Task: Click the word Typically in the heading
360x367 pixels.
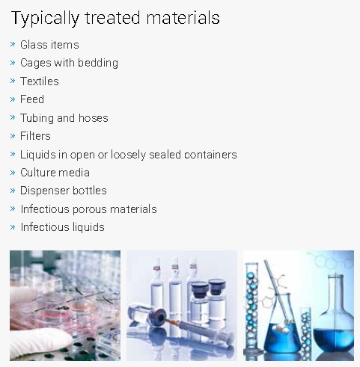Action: click(45, 19)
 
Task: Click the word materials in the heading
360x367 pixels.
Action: click(183, 18)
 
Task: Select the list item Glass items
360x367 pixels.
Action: click(49, 45)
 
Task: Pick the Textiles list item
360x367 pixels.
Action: click(40, 81)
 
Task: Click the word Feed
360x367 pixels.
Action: click(32, 99)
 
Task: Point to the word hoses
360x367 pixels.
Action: click(94, 117)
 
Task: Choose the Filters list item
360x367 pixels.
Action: click(35, 136)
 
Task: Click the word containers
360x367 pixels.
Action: click(210, 155)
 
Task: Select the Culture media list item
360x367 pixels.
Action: click(55, 173)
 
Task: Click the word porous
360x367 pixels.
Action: click(90, 209)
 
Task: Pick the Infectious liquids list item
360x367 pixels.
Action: click(62, 227)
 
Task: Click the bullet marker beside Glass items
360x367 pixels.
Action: click(13, 44)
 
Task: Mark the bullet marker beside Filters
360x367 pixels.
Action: click(13, 136)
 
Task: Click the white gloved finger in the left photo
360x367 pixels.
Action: click(40, 342)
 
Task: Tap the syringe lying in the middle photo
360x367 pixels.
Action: click(189, 327)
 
